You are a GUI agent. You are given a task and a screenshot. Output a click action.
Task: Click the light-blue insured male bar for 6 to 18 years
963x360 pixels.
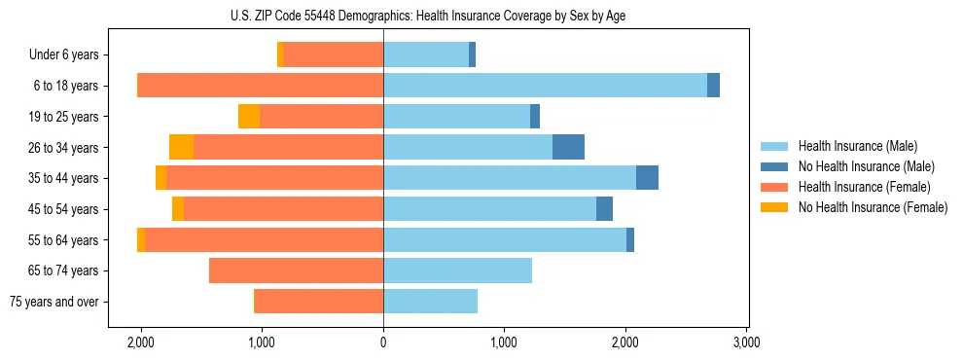(545, 86)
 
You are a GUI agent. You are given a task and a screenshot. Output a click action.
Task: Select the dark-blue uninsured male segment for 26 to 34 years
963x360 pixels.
(568, 148)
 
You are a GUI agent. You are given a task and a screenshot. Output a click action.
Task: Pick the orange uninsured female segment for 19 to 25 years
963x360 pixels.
(249, 117)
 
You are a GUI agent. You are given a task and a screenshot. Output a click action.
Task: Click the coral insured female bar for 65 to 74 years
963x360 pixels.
(296, 270)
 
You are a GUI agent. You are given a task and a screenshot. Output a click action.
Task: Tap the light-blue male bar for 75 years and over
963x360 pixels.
(430, 302)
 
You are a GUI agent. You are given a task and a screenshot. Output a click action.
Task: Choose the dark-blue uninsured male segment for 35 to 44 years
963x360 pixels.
(647, 178)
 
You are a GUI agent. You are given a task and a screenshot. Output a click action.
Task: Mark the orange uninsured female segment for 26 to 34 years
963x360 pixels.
(181, 148)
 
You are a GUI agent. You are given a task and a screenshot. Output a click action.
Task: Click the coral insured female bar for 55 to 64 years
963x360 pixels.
(264, 240)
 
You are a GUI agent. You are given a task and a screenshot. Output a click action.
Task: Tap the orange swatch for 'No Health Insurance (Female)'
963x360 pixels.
(775, 207)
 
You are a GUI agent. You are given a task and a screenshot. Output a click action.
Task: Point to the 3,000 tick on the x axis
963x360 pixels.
(746, 342)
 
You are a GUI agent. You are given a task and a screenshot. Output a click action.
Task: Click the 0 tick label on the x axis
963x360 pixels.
(383, 342)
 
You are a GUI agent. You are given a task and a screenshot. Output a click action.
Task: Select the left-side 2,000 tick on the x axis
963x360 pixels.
(141, 342)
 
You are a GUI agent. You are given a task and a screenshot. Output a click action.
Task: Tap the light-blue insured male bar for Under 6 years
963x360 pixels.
(426, 55)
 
